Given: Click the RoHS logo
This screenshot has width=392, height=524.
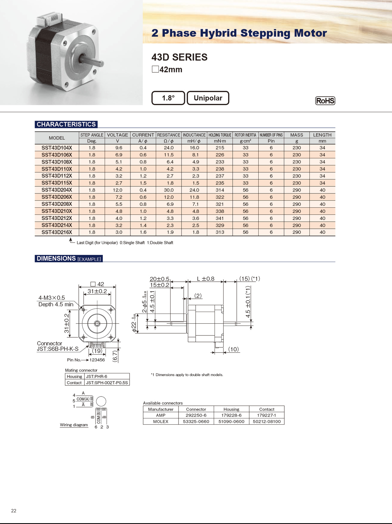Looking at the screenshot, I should click(x=325, y=101).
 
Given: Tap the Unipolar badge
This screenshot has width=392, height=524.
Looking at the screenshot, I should click(x=208, y=98).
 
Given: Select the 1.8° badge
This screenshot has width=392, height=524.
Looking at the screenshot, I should click(x=168, y=98).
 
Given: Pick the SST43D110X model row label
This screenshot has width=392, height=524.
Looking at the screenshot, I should click(x=57, y=169).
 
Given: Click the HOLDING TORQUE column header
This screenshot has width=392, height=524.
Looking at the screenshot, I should click(x=220, y=135).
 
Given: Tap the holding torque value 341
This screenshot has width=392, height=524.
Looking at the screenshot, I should click(x=220, y=218).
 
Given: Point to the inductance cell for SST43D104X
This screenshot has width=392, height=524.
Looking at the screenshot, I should click(x=194, y=148).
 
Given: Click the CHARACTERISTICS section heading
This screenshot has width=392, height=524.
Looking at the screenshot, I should click(x=66, y=124).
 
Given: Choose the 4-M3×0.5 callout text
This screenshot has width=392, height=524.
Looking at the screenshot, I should click(x=52, y=298).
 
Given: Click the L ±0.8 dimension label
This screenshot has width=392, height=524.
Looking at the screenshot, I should click(x=206, y=279).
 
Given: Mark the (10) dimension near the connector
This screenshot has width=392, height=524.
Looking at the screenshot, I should click(x=233, y=349).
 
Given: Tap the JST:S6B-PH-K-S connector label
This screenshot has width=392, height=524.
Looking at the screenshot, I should click(x=58, y=349).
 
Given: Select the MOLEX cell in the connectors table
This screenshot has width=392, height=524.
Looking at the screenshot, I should click(x=161, y=421).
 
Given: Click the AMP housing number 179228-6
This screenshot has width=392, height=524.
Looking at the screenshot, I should click(x=231, y=415).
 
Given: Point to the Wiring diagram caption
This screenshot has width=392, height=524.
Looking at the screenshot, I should click(x=74, y=425).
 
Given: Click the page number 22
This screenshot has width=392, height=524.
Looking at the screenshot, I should click(x=14, y=511).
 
